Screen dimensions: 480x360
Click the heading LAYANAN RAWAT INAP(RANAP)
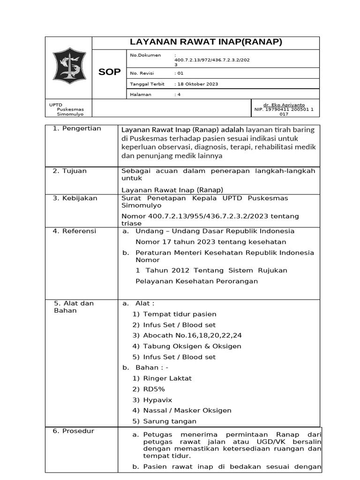coord(206,43)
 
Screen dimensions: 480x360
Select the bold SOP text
coord(109,72)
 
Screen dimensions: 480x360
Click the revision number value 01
coord(180,74)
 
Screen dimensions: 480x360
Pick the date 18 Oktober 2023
coord(197,84)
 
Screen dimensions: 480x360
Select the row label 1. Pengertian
coord(77,128)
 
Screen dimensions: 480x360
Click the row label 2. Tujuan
coord(70,171)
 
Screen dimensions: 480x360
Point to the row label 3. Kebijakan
coord(75,198)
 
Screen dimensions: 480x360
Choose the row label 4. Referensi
coord(75,231)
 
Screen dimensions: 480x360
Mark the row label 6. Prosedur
coord(74,431)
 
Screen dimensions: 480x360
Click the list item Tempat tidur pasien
coord(180,314)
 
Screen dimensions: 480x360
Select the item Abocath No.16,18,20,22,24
coord(192,336)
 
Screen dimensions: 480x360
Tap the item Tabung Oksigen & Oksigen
coord(192,346)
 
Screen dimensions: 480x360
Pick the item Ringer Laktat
coord(167,378)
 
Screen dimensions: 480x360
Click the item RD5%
coord(154,389)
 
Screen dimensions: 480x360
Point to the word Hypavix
coord(158,400)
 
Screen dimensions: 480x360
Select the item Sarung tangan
coord(170,421)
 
